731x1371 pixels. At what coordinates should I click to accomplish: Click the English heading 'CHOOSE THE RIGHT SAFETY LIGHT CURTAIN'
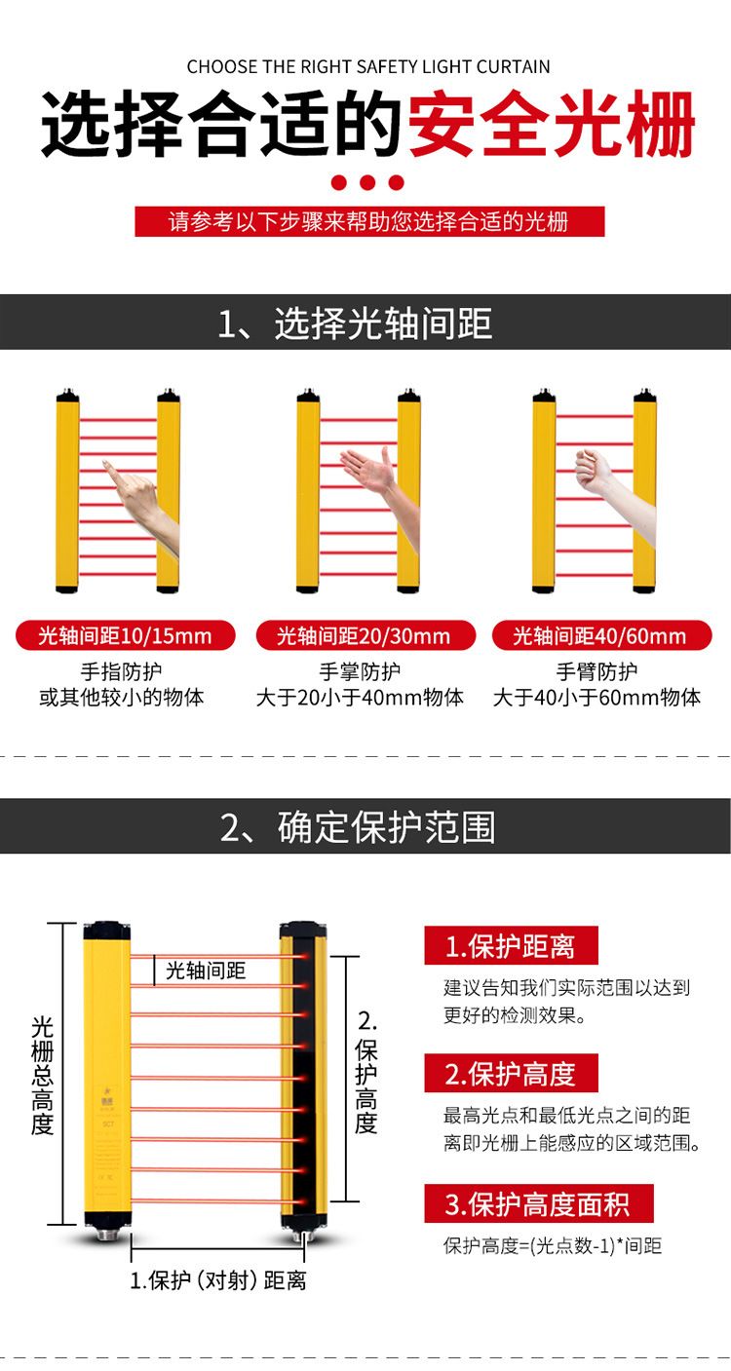(368, 66)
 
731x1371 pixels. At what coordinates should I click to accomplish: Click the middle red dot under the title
(367, 182)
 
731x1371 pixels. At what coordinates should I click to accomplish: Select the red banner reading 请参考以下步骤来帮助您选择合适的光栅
(369, 221)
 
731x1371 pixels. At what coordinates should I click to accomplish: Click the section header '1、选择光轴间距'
(355, 323)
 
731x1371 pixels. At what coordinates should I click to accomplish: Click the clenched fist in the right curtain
(612, 489)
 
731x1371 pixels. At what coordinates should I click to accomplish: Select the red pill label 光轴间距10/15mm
(126, 635)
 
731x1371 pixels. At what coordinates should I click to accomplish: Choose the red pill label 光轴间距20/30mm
(365, 635)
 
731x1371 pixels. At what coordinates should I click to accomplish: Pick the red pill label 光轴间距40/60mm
(601, 635)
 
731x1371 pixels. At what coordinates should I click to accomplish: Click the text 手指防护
(121, 671)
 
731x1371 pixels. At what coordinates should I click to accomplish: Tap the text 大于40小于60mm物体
(596, 697)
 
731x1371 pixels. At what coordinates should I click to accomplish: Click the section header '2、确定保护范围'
(358, 827)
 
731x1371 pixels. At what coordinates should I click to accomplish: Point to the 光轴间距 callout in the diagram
(206, 971)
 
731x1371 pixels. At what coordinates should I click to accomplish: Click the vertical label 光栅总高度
(42, 1076)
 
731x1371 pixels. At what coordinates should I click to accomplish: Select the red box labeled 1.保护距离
(511, 946)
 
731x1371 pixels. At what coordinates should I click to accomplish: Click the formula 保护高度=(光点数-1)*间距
(553, 1245)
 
